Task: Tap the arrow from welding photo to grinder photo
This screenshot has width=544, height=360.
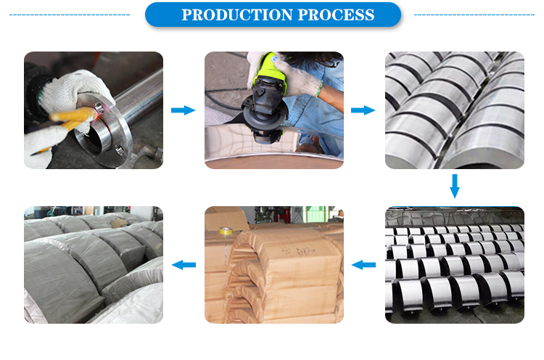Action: [184, 110]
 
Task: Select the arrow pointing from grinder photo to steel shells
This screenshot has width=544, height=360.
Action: [363, 110]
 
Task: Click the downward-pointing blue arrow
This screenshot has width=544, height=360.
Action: [455, 186]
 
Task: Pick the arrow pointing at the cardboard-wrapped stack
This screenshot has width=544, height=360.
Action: [363, 265]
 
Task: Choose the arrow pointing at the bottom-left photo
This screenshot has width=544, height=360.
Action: [184, 265]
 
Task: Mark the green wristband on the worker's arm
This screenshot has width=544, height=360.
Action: [318, 89]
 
